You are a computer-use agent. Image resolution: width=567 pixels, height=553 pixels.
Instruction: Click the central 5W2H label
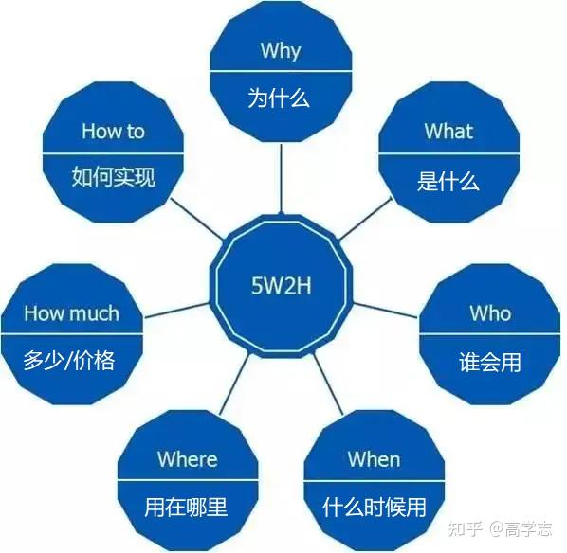[281, 286]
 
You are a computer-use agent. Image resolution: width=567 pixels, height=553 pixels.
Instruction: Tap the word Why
[281, 51]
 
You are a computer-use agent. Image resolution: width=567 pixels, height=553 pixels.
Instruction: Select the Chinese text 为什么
[279, 98]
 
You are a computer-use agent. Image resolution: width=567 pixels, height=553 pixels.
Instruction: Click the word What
[448, 131]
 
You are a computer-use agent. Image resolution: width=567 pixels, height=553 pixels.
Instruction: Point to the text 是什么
[448, 181]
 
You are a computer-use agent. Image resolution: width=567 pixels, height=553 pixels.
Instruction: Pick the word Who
[490, 313]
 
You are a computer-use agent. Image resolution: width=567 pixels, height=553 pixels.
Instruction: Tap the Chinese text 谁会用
[490, 362]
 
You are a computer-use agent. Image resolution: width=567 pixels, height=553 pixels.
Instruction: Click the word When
[374, 459]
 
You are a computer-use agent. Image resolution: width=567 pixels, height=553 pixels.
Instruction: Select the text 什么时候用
[375, 508]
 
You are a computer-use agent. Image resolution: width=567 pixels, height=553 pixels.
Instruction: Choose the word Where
[188, 459]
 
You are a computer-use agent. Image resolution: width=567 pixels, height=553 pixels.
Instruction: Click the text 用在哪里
[186, 507]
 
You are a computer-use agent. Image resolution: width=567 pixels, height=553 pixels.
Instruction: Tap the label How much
[72, 313]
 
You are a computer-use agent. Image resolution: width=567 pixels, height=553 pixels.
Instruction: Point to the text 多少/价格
[69, 361]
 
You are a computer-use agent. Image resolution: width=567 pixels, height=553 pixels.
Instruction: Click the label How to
[113, 131]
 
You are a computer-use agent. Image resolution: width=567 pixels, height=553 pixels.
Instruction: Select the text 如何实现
[113, 177]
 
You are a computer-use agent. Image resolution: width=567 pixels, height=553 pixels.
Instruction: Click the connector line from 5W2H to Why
[281, 179]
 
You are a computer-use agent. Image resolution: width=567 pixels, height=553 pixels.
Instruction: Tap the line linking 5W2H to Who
[385, 311]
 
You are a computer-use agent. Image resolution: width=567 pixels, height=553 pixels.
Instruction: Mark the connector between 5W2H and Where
[234, 384]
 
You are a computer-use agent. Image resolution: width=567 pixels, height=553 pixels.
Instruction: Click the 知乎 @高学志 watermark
[500, 528]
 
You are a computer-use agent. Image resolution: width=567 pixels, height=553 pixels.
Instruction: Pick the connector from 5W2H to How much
[176, 311]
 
